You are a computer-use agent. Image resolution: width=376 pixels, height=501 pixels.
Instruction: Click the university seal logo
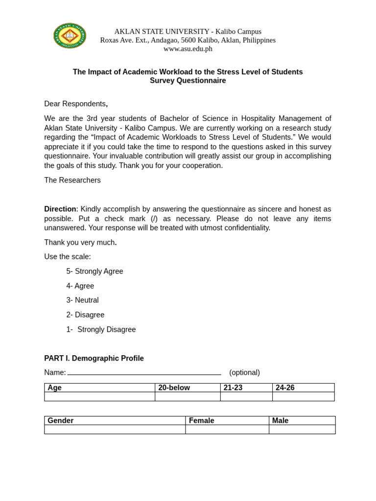pyautogui.click(x=70, y=36)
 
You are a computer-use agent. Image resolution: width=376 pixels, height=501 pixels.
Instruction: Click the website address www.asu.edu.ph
pyautogui.click(x=188, y=49)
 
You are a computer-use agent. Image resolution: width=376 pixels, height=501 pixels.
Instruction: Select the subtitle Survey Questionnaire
pyautogui.click(x=188, y=81)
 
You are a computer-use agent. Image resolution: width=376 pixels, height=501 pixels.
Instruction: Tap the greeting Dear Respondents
pyautogui.click(x=75, y=104)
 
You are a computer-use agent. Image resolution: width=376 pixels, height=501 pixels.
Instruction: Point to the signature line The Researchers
pyautogui.click(x=72, y=180)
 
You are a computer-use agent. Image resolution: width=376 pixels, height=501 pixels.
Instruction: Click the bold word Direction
pyautogui.click(x=60, y=209)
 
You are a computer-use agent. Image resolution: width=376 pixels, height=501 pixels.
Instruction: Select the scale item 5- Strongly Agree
pyautogui.click(x=95, y=271)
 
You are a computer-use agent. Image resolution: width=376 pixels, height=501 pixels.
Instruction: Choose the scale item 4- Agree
pyautogui.click(x=80, y=286)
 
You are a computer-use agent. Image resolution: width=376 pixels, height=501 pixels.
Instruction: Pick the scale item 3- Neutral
pyautogui.click(x=83, y=300)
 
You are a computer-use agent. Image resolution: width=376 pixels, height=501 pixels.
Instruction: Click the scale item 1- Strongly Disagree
pyautogui.click(x=101, y=329)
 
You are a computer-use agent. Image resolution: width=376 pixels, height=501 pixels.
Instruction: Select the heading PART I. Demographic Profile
pyautogui.click(x=94, y=358)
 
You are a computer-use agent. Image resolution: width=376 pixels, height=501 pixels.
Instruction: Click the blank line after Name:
pyautogui.click(x=144, y=373)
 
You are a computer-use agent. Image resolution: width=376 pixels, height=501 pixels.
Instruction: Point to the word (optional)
pyautogui.click(x=244, y=372)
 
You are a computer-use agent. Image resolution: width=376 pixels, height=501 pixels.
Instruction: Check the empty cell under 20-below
pyautogui.click(x=188, y=397)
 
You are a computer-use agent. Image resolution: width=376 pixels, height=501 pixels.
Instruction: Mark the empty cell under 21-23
pyautogui.click(x=246, y=397)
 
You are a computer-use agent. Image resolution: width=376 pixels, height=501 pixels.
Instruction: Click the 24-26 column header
pyautogui.click(x=285, y=388)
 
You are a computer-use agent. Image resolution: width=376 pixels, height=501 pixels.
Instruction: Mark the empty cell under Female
pyautogui.click(x=227, y=430)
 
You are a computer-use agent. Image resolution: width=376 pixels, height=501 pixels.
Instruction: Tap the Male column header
pyautogui.click(x=281, y=421)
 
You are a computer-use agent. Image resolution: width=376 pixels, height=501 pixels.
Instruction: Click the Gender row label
pyautogui.click(x=61, y=421)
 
